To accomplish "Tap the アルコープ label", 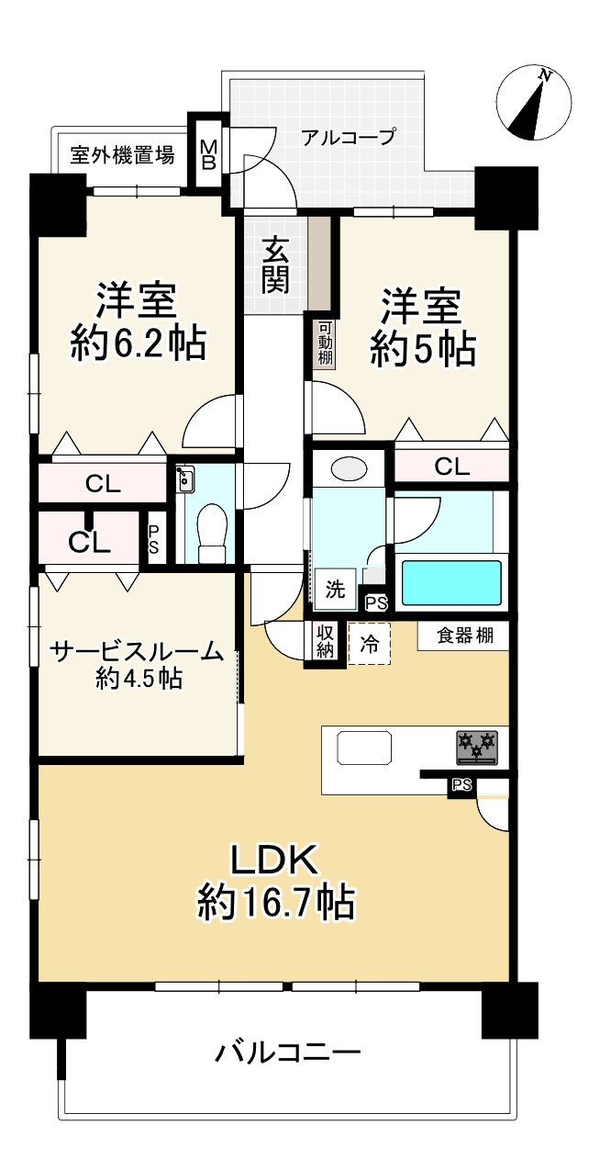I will pos(349,138).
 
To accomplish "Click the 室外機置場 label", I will pos(122,155).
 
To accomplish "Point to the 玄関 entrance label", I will pos(274,264).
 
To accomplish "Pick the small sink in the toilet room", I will pos(185,478).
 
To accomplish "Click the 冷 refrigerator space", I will pos(369,643).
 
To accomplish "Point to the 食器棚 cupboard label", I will pos(463,636).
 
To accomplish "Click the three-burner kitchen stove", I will pos(476,746).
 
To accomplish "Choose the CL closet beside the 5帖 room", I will pos(451,467).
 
